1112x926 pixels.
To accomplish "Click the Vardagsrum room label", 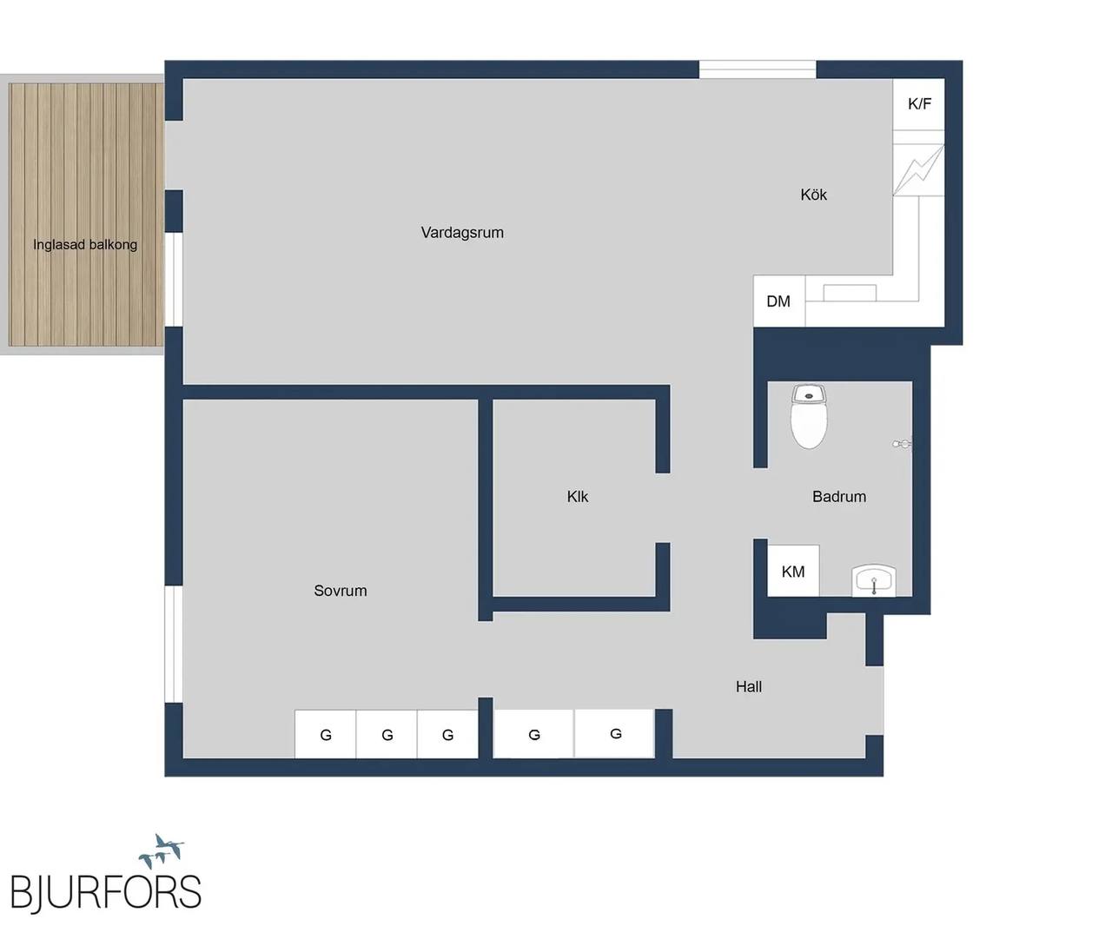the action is coord(462,233).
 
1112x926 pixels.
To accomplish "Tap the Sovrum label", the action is coord(341,591).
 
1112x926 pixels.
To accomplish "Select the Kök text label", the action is coord(813,195).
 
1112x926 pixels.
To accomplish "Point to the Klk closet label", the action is coord(578,496).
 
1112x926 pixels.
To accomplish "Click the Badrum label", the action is coord(839,496).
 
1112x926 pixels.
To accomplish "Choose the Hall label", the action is coord(748,686).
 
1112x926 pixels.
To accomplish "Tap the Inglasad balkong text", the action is coord(85,244).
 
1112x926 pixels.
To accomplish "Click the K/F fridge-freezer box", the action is coord(918,104).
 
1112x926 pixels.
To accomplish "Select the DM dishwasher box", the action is coord(778,301).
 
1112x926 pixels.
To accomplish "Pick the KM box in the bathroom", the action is coord(793,571).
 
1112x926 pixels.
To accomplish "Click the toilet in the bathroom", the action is coord(809,417).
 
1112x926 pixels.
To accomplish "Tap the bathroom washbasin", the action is coord(874,581).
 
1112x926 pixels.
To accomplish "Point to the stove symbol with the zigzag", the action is coord(918,170).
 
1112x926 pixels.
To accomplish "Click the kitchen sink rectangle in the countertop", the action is coord(850,293).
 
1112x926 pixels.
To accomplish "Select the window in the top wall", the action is coord(758,69).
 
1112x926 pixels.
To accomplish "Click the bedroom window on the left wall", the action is coord(174,645).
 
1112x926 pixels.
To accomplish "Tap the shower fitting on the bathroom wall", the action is coord(903,443).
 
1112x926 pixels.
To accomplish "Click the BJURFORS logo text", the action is coord(106,891).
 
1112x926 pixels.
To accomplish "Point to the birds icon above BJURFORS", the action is coord(162,851).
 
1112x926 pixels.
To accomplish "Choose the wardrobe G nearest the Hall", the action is coord(615,733).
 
